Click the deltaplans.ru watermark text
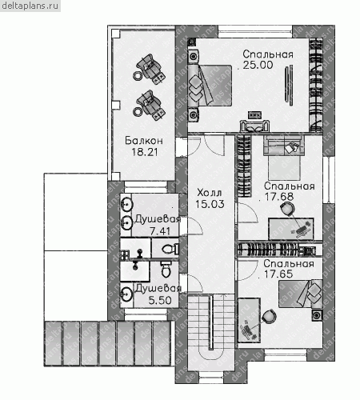click(30, 6)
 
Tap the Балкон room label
click(144, 141)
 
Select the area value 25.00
click(258, 65)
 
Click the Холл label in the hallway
click(210, 193)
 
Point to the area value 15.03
click(210, 204)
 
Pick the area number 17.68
click(279, 197)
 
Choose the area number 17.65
click(278, 274)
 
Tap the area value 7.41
click(160, 231)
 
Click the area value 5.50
click(160, 300)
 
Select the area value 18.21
click(145, 152)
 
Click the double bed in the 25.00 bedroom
click(210, 86)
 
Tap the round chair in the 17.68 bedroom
click(287, 208)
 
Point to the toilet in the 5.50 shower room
click(166, 270)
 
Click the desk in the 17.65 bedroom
click(249, 320)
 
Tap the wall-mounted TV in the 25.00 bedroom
click(289, 85)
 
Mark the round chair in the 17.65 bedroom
click(269, 316)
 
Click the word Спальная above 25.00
click(268, 54)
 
